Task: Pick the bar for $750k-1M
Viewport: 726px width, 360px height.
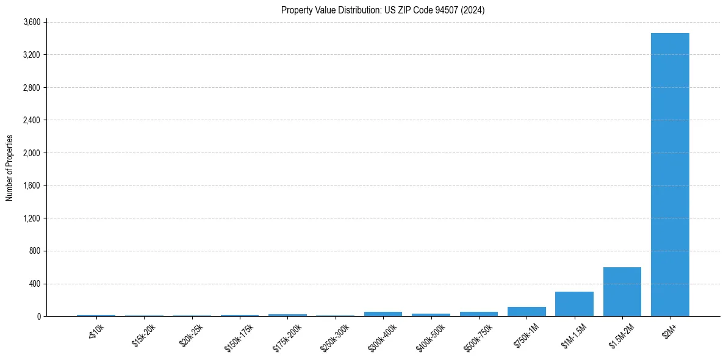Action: tap(527, 312)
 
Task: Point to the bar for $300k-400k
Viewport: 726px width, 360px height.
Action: tap(383, 314)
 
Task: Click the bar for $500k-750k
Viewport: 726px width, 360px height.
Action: tap(479, 314)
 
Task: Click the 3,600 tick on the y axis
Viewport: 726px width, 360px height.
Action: tap(31, 23)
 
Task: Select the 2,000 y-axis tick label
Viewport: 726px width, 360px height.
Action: tap(31, 153)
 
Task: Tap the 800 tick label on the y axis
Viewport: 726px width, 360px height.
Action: tap(34, 251)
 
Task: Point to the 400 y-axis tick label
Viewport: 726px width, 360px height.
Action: tap(34, 284)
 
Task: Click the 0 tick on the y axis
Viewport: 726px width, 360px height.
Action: tap(38, 317)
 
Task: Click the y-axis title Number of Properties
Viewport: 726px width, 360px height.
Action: tap(9, 168)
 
